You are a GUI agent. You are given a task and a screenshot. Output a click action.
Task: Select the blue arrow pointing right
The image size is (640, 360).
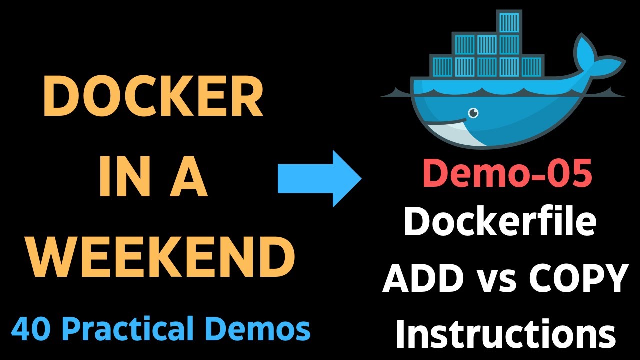[319, 178]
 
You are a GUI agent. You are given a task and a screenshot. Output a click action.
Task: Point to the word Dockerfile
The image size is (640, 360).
[500, 222]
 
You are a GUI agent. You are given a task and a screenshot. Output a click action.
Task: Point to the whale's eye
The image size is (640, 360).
[472, 113]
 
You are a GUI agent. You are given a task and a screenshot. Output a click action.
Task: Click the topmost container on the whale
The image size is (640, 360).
[509, 22]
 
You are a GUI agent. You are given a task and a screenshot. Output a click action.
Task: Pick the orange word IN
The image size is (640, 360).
[119, 178]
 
